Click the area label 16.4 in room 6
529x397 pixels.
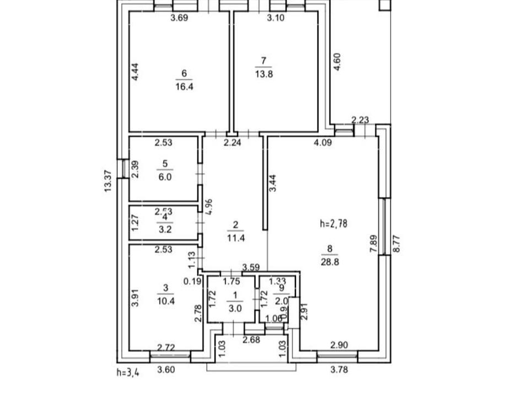tap(185, 87)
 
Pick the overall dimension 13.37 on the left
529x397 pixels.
tap(109, 180)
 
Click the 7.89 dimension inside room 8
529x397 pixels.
tap(373, 244)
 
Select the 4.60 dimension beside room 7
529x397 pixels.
tap(338, 61)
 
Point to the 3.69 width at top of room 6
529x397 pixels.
tap(179, 18)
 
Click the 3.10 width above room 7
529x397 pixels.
tap(276, 18)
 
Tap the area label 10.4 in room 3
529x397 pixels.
tap(167, 301)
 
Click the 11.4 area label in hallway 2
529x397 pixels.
tap(236, 238)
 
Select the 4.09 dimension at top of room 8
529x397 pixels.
tap(323, 143)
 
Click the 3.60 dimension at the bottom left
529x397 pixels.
tap(166, 370)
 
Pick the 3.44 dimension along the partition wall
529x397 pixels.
tap(273, 183)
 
